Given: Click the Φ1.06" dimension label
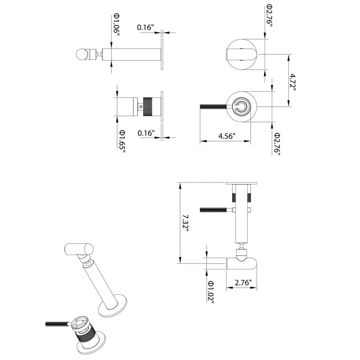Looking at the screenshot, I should [116, 24].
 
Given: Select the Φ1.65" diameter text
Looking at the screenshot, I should [122, 140].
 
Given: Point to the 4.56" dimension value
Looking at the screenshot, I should [227, 136].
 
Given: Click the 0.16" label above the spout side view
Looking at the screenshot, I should [145, 28].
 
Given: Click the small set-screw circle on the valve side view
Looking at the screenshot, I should [141, 107].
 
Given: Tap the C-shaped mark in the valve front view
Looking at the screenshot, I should [244, 108].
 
